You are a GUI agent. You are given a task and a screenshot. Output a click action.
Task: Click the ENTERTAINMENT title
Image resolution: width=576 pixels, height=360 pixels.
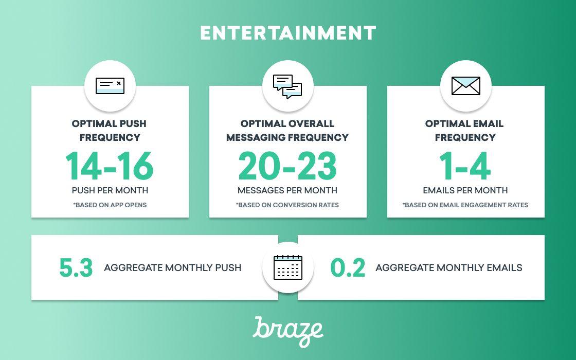[x=288, y=33]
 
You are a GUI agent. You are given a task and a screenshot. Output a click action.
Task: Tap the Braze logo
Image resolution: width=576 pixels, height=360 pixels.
[x=288, y=331]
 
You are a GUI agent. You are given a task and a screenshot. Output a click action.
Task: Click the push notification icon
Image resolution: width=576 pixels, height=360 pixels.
[x=110, y=85]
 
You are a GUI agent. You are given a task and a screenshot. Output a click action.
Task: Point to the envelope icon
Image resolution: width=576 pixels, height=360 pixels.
[x=465, y=86]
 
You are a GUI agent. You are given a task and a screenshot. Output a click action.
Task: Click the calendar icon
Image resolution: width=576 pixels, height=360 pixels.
[x=288, y=267]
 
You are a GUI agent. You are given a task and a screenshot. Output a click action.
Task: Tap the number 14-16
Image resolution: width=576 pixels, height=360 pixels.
[x=110, y=166]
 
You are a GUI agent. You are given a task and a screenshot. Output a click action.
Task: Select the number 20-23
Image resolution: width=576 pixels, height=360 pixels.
[x=287, y=166]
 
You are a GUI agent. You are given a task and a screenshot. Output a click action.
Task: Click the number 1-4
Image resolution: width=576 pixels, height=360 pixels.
[x=465, y=166]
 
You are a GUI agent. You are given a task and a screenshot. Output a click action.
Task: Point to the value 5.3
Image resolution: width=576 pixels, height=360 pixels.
[x=76, y=267]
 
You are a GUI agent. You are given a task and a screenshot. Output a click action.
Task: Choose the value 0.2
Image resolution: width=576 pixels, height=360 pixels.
[x=348, y=267]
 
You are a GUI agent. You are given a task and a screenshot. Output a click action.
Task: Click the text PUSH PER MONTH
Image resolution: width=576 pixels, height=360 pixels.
[x=110, y=190]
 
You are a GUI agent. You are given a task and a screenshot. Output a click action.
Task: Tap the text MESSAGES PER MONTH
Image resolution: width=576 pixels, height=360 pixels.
[x=287, y=190]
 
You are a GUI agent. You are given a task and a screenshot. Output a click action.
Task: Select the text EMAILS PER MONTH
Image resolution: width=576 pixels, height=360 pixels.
[x=465, y=190]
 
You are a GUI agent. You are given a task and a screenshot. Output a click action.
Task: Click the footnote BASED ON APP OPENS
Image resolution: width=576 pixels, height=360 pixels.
[x=110, y=205]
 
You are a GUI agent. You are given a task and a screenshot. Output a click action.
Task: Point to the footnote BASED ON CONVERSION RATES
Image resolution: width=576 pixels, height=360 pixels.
[x=287, y=205]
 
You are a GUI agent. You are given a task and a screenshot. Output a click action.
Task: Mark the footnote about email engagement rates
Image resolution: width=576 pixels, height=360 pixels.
[x=465, y=205]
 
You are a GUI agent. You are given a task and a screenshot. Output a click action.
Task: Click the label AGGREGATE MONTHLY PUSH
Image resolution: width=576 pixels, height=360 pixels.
[x=172, y=267]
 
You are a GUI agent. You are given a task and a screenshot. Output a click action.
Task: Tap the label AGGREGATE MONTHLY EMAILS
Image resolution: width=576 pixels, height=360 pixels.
[x=448, y=267]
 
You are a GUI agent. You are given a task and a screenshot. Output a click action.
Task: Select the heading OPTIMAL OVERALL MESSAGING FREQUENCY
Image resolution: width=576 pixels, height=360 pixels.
[x=287, y=131]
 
